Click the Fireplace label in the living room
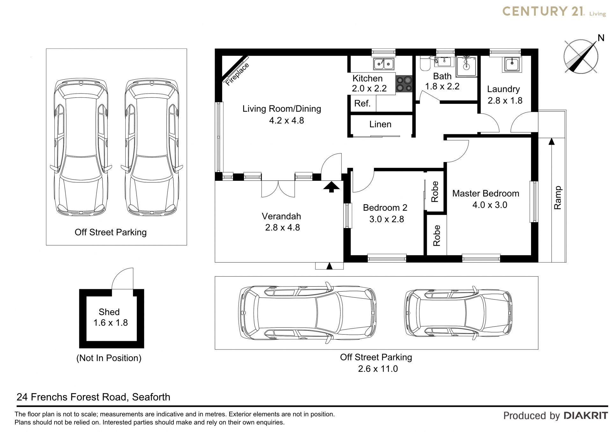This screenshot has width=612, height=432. point(237,74)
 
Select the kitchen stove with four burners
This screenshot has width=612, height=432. point(404,84)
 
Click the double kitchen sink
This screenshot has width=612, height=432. point(384,64)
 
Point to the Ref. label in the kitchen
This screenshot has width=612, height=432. point(362,103)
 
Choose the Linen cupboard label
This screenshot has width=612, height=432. point(380,124)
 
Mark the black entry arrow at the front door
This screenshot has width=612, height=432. point(331,187)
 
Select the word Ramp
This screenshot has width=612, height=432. point(557,198)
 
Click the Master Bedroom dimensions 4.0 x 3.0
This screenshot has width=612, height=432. point(490,205)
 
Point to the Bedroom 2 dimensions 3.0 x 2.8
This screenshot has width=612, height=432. point(387,219)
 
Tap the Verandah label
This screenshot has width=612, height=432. point(281,216)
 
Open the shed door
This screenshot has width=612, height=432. point(122,278)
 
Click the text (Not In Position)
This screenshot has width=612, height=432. point(109,358)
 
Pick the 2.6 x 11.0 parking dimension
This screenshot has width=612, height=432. point(378,369)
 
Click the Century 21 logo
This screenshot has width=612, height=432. point(554,12)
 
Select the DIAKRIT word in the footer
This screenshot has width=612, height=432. point(586,415)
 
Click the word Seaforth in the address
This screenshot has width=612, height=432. point(151,397)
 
